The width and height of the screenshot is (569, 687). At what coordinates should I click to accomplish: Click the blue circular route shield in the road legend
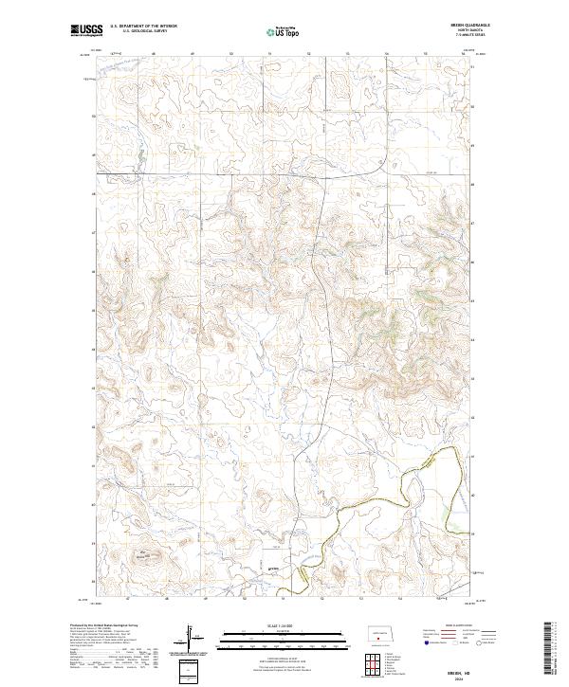point(421,642)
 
